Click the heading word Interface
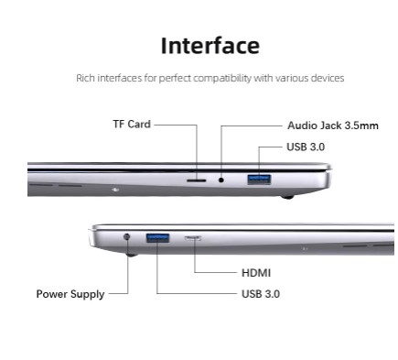(x=210, y=46)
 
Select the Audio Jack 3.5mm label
(x=332, y=125)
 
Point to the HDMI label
(x=255, y=273)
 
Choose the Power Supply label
(x=70, y=294)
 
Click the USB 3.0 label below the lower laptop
(x=260, y=294)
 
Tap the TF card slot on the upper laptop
(x=196, y=180)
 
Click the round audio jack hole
(x=221, y=180)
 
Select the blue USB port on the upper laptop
(x=259, y=178)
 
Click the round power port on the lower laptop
(x=126, y=240)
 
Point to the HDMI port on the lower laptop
(x=194, y=238)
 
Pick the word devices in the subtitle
(x=328, y=79)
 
